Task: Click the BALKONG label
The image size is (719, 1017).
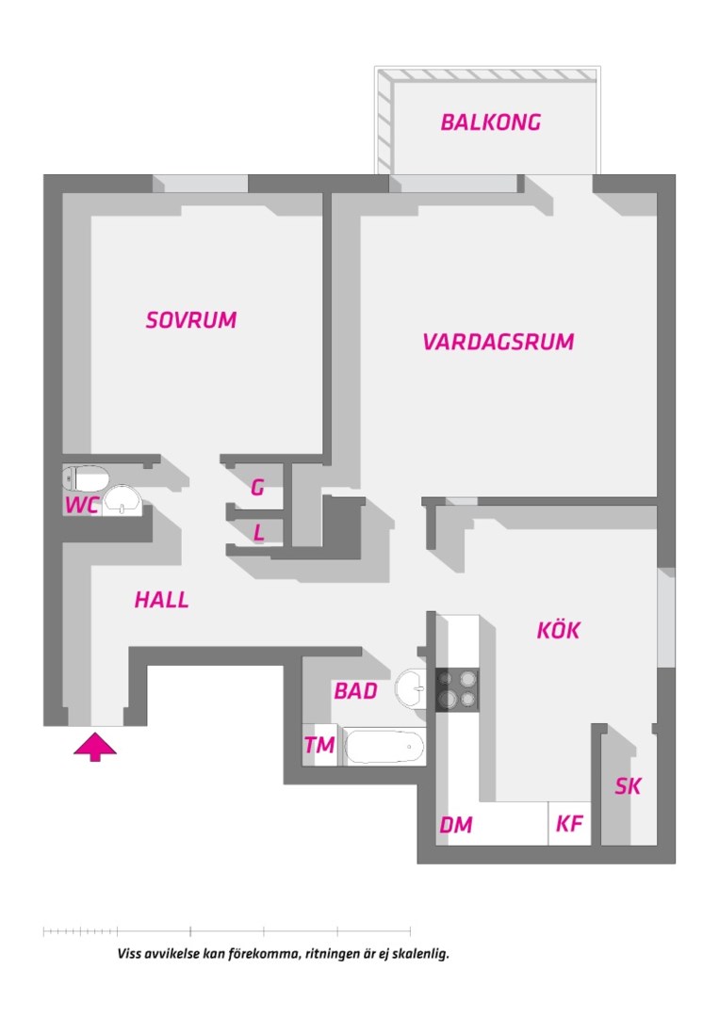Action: [491, 122]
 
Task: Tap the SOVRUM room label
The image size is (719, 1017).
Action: [191, 320]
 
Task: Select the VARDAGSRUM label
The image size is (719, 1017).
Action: [498, 342]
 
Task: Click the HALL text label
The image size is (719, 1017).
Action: [161, 600]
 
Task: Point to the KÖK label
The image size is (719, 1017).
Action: [558, 631]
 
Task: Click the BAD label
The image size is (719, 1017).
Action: [355, 691]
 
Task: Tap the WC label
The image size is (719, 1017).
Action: [82, 506]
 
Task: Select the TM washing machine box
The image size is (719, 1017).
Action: [320, 746]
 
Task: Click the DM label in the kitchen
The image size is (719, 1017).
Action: [456, 826]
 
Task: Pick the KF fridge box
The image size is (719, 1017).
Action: [569, 824]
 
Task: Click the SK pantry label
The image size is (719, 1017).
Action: [628, 786]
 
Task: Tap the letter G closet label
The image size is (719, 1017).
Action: [257, 488]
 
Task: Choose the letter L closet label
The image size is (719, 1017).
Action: [258, 533]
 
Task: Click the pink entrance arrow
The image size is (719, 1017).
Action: [95, 748]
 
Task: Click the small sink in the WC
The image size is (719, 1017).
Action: [122, 500]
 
